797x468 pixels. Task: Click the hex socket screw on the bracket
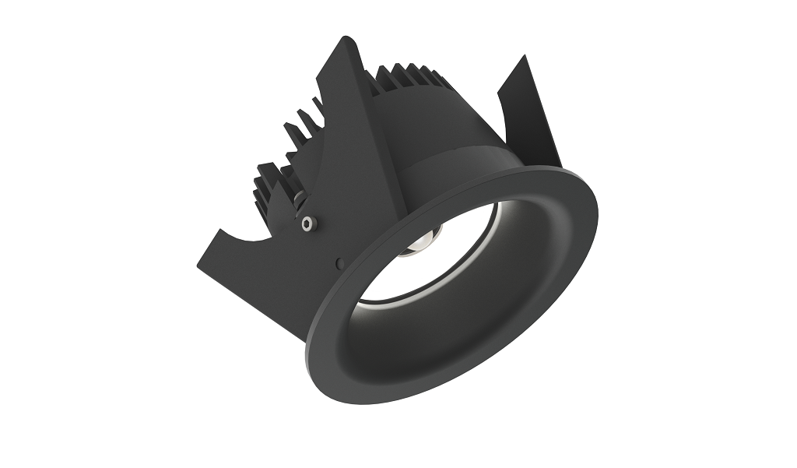(308, 224)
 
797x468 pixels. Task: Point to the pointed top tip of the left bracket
(344, 39)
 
